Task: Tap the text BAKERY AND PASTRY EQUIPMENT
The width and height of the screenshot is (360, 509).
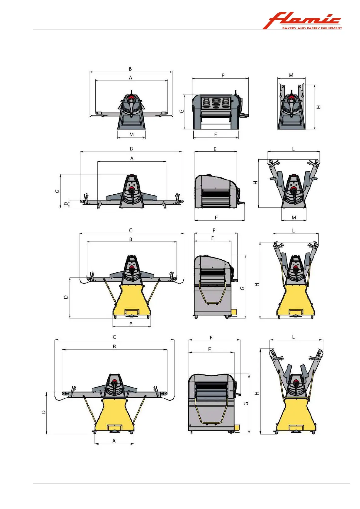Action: point(312,28)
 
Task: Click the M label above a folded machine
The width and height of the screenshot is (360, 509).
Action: point(291,75)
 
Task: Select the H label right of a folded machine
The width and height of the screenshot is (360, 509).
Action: point(319,107)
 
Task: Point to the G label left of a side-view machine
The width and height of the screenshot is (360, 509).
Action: point(182,111)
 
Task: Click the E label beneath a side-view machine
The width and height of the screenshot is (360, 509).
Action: point(215,135)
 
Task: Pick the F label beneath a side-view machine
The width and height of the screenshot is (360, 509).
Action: point(216,217)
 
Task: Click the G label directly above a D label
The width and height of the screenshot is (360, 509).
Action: point(57,191)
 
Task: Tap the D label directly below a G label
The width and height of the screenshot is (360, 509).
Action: point(66,204)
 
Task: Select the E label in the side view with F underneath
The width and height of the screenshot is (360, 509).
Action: point(215,149)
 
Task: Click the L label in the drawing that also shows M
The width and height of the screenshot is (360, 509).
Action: point(293,149)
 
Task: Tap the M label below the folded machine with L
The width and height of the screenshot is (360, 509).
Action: point(294,217)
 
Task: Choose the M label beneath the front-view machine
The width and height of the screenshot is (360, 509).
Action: point(132,135)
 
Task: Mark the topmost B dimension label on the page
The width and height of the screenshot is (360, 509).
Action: point(130,69)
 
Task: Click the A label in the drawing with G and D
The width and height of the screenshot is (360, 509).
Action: point(132,158)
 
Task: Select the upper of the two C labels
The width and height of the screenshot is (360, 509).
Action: point(131,230)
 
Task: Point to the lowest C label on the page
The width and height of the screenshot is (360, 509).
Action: point(114,337)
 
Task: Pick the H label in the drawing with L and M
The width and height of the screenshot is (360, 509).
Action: point(256,183)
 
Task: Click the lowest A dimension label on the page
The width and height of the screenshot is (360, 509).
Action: point(114,441)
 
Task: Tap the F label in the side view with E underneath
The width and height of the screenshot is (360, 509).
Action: point(223,75)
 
